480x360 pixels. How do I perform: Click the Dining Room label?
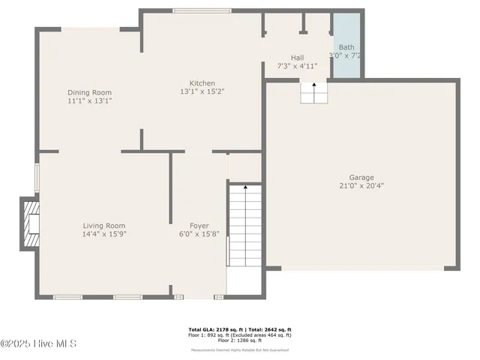coord(89,92)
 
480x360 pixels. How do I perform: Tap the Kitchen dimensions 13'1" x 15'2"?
coord(202,91)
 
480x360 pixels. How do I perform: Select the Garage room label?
coord(361,178)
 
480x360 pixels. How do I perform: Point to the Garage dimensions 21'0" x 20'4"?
coord(361,186)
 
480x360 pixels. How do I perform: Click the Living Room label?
coord(103,225)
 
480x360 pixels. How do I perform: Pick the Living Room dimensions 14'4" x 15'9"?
coord(103,233)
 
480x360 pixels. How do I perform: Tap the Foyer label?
coord(199,225)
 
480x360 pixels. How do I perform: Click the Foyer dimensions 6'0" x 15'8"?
coord(199,233)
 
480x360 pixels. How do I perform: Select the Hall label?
coord(297,57)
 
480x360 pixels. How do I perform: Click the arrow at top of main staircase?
coord(245,187)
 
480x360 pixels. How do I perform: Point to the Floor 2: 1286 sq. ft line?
coord(240,341)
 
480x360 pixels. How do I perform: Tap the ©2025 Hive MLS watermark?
coord(38,344)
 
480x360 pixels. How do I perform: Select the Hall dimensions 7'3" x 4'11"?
coord(297,65)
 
